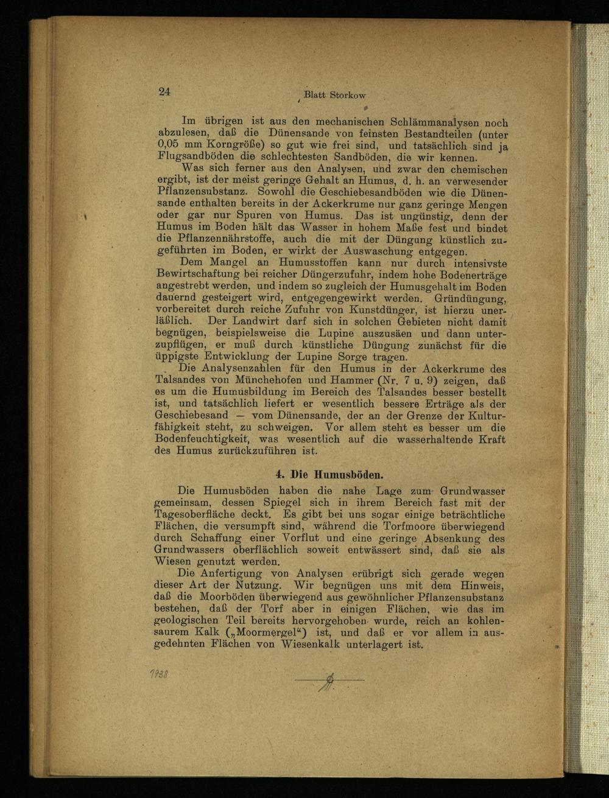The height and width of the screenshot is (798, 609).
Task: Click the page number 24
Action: coord(164,92)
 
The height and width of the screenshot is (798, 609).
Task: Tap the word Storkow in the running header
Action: coord(348,95)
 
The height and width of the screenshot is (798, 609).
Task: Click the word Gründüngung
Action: coord(470,298)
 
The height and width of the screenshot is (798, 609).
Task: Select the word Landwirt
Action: coord(239,321)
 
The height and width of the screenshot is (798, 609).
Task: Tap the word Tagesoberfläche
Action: coord(194,514)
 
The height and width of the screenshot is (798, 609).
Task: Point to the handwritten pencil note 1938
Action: coord(160,674)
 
